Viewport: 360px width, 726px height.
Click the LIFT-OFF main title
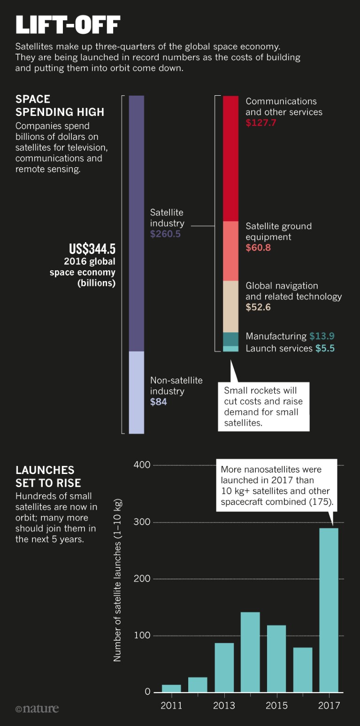(x=68, y=25)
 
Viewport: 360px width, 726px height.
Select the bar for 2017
(x=329, y=610)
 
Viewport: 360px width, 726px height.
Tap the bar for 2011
(x=171, y=688)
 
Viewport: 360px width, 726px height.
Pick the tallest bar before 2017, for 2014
(x=250, y=652)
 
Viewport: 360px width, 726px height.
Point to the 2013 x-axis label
(x=224, y=706)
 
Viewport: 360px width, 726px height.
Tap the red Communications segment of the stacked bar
(x=230, y=158)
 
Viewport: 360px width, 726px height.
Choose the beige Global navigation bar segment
(x=230, y=306)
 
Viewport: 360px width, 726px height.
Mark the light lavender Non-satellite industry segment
(x=136, y=392)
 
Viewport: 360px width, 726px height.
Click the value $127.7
(x=261, y=123)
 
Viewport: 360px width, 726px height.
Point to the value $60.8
(x=258, y=248)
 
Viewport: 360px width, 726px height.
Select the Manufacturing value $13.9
(x=322, y=336)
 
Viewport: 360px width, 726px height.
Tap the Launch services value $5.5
(x=325, y=349)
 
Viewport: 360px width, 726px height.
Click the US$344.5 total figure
(x=92, y=248)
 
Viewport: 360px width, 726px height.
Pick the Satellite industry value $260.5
(x=165, y=234)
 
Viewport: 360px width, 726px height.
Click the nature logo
(x=37, y=708)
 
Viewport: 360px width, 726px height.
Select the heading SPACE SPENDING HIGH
(x=60, y=106)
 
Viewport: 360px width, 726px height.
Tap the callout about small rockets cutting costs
(x=263, y=406)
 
